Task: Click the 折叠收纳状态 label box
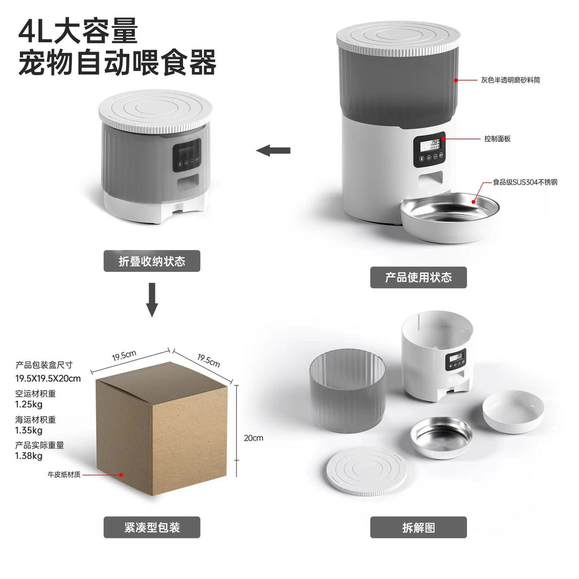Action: pos(152,261)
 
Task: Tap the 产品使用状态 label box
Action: pos(418,278)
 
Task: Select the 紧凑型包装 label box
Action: pos(152,527)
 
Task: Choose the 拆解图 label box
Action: pos(418,527)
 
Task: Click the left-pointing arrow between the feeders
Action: pos(274,150)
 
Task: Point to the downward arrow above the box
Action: pos(152,300)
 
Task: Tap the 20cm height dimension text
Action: pos(254,438)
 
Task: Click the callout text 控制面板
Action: pos(498,139)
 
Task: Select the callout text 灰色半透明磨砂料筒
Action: pos(511,80)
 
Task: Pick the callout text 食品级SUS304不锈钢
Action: pos(525,183)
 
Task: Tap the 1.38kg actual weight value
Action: pos(29,455)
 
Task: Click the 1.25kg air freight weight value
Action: pos(29,404)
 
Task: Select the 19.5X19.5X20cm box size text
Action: pos(48,378)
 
